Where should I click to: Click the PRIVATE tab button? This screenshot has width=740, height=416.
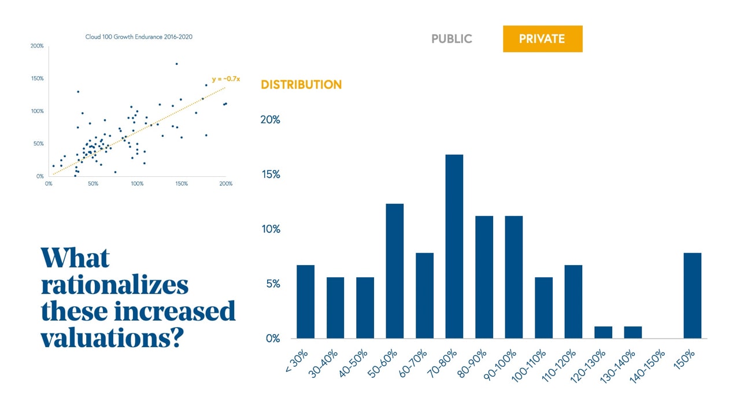[542, 39]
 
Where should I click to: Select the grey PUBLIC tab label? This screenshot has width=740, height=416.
[452, 39]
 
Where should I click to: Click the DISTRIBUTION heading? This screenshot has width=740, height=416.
[301, 84]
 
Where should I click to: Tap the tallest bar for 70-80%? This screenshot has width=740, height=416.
[454, 246]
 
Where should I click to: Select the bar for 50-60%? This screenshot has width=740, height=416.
[394, 271]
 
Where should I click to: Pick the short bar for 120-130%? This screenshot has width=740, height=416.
[603, 332]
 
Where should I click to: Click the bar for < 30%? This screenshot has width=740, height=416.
[305, 302]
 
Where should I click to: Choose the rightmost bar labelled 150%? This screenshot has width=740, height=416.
[692, 295]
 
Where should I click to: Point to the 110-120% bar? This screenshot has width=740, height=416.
[573, 302]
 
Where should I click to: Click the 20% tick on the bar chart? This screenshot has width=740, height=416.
[270, 120]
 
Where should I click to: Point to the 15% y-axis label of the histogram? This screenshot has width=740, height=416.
[270, 174]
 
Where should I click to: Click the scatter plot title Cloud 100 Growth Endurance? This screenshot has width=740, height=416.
[139, 37]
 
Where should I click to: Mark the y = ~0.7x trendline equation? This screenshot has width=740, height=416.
[225, 78]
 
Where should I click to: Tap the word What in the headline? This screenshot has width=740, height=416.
[75, 258]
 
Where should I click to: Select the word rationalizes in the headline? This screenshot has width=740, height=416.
[114, 285]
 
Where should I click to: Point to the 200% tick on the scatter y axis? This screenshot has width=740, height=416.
[37, 46]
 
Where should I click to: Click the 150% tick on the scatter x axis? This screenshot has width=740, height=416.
[181, 184]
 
